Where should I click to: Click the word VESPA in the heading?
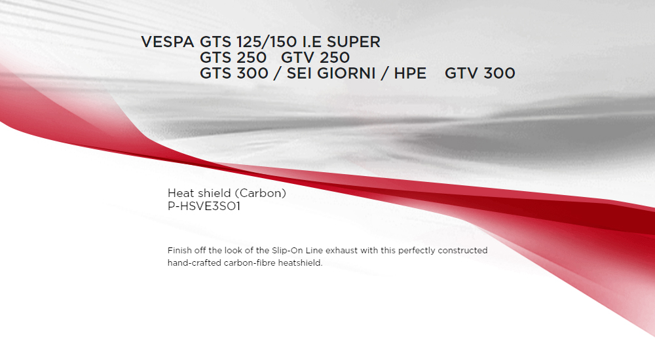[x=168, y=42]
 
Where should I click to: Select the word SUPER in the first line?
[x=354, y=42]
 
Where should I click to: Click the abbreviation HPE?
[x=410, y=73]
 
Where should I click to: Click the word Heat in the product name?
[x=181, y=193]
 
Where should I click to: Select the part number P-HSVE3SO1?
[x=204, y=206]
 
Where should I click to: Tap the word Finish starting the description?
[x=179, y=250]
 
